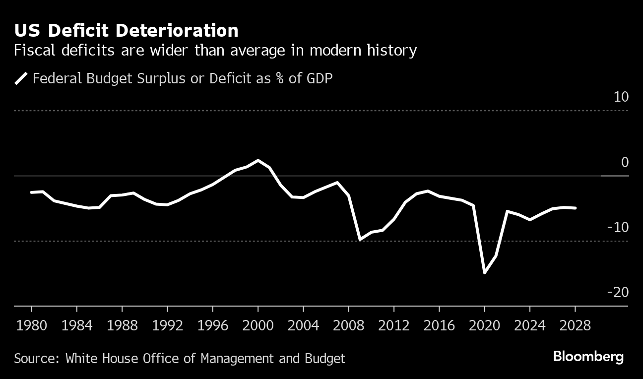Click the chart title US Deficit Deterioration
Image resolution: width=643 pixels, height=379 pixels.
coord(126,31)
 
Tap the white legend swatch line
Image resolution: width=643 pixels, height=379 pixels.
coord(21,78)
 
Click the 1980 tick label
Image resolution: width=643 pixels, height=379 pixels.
coord(31,325)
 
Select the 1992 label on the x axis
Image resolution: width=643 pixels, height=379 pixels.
coord(167,325)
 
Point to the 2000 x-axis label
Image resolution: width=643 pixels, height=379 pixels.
coord(258,325)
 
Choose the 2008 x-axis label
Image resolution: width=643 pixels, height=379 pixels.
coord(348,325)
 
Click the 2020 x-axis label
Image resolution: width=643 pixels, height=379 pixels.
coord(484,325)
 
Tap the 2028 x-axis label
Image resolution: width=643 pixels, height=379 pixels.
coord(575,325)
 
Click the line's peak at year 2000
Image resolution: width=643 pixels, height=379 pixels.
coord(258,160)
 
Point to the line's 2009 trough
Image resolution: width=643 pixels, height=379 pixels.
coord(360,240)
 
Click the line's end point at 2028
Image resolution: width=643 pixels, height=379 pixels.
coord(575,208)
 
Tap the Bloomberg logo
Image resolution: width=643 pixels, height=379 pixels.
coord(588,357)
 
